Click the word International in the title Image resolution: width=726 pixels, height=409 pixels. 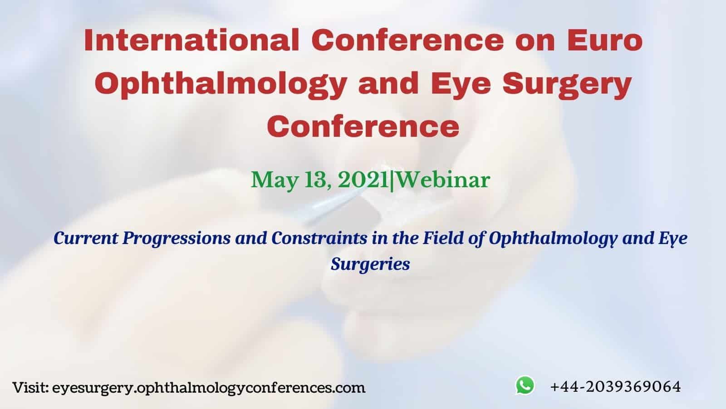(x=191, y=40)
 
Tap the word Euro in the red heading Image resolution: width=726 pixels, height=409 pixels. (x=605, y=40)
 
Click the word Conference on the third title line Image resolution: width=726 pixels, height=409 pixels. (x=363, y=127)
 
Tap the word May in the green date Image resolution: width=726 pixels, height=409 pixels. (x=274, y=180)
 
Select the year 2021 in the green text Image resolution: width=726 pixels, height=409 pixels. (x=363, y=180)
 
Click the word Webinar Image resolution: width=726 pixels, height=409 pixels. (x=443, y=180)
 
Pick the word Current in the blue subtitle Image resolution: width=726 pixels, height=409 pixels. (x=86, y=238)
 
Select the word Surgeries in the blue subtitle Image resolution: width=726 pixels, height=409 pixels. (x=370, y=264)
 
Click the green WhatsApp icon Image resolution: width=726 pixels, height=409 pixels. (x=525, y=385)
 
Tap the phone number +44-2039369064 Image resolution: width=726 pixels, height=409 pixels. (x=615, y=387)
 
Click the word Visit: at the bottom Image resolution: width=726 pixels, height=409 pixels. (x=31, y=388)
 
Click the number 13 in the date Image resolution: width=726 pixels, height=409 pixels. (x=315, y=180)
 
